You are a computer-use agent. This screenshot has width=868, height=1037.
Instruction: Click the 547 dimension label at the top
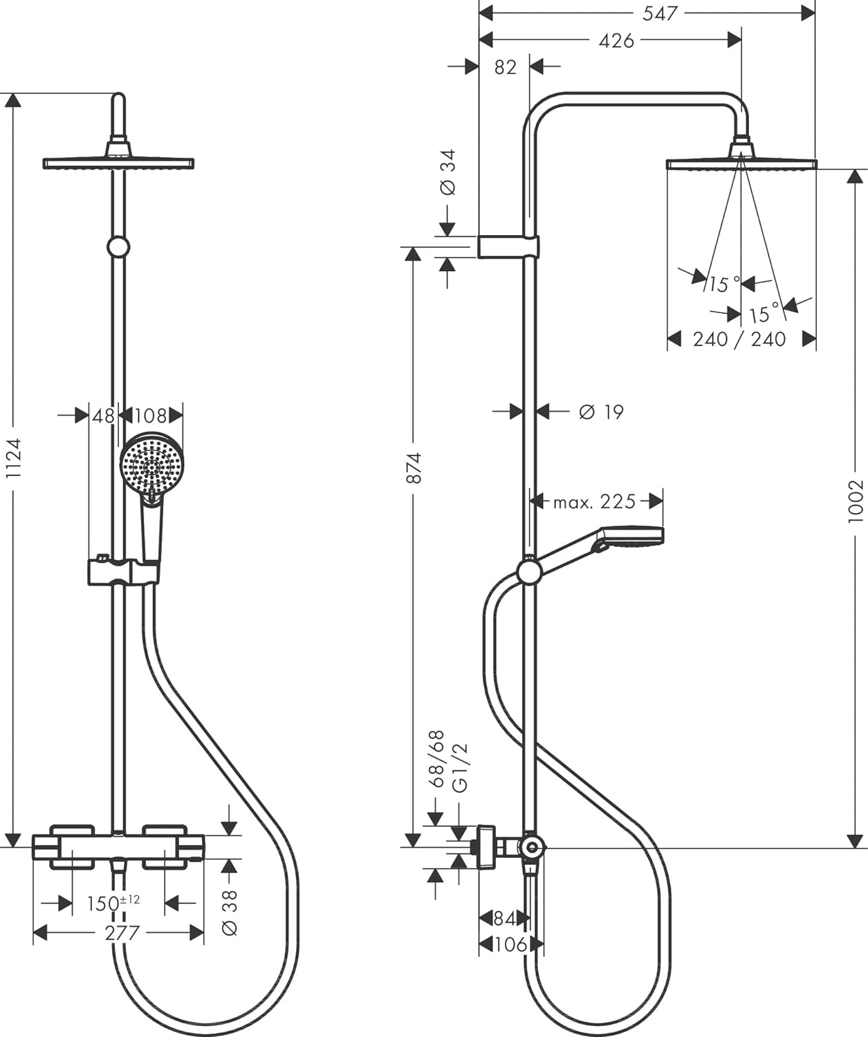pyautogui.click(x=660, y=14)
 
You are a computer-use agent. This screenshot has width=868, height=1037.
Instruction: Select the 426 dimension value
pyautogui.click(x=616, y=41)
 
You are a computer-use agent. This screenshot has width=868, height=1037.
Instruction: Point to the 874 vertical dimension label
pyautogui.click(x=414, y=467)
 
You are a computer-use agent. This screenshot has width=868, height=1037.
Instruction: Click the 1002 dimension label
pyautogui.click(x=856, y=501)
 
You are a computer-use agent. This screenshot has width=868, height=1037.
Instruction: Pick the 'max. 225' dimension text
pyautogui.click(x=594, y=502)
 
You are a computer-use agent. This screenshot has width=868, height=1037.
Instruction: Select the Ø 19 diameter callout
pyautogui.click(x=601, y=412)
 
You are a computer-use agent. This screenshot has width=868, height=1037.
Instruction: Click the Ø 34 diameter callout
pyautogui.click(x=447, y=172)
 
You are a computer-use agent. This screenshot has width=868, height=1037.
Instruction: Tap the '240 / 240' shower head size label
pyautogui.click(x=739, y=339)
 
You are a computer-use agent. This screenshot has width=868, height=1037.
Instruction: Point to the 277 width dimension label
pyautogui.click(x=122, y=933)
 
